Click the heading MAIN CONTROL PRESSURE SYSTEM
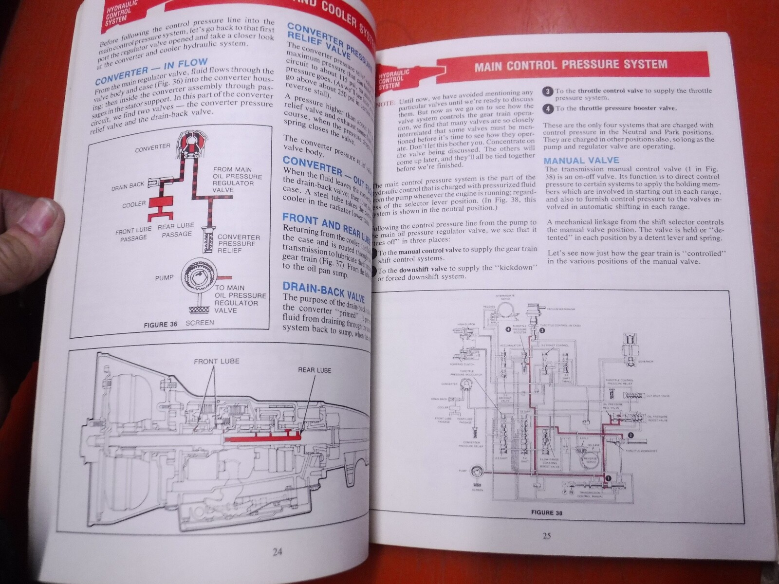point(571,65)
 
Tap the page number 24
point(277,551)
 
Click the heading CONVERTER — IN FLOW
point(151,72)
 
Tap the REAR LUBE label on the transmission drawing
point(315,370)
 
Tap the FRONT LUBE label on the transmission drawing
point(217,362)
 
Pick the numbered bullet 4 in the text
point(548,109)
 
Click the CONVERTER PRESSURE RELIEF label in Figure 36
point(239,244)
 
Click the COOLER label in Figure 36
point(134,205)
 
